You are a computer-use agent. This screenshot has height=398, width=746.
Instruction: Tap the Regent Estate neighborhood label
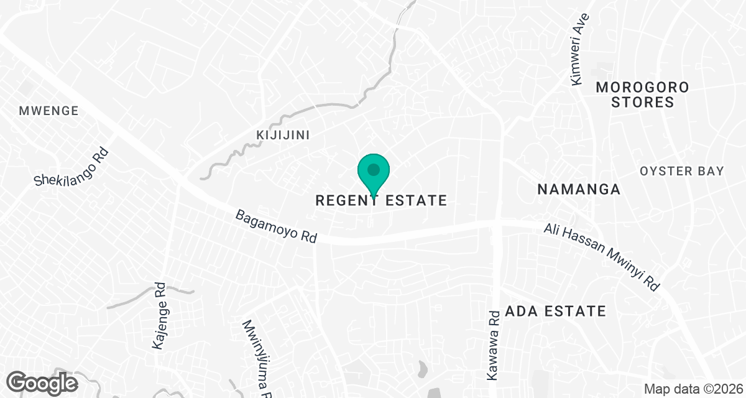coord(381,200)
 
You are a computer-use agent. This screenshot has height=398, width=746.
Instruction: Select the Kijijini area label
coord(283,135)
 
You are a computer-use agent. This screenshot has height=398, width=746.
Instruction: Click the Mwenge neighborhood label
coord(48,111)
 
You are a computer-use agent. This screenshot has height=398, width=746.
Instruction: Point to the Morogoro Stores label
coord(642,95)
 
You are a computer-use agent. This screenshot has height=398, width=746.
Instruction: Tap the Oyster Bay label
coord(682,171)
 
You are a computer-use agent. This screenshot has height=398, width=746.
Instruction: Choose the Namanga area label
coord(579,189)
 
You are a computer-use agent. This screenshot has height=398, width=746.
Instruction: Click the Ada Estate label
coord(555,310)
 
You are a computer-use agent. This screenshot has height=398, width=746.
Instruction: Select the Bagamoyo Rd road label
coord(276,226)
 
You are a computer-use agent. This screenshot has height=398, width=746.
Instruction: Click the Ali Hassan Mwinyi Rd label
coord(601,257)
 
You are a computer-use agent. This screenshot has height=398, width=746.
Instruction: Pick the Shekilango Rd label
coord(71,167)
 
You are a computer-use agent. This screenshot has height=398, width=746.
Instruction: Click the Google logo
coord(42,382)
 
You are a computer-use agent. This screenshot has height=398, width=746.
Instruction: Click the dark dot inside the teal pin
coord(373,169)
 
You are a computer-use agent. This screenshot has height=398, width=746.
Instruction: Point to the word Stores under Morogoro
coord(642,102)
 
